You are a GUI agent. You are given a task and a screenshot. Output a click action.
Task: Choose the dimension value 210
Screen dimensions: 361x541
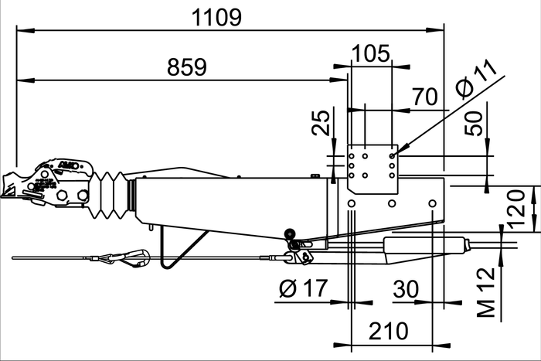tap(387, 331)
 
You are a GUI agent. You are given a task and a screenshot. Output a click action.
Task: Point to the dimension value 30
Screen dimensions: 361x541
tap(406, 290)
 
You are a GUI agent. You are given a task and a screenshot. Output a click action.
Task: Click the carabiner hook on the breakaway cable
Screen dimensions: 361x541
tap(133, 255)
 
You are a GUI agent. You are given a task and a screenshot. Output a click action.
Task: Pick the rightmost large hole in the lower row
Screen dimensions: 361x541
tap(434, 204)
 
